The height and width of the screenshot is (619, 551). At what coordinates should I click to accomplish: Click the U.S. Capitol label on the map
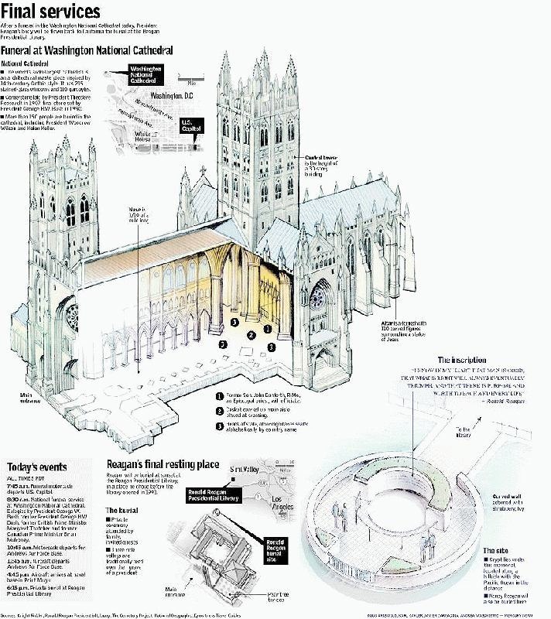190,125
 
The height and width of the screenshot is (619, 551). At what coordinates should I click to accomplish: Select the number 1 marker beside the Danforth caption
221,395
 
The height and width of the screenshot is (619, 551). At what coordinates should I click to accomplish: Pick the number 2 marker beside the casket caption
221,409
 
